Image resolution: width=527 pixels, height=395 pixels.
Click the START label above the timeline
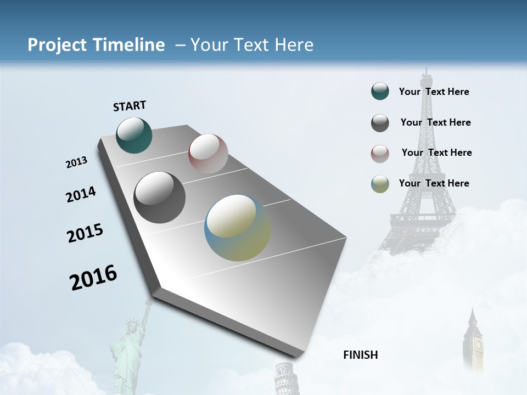point(130,106)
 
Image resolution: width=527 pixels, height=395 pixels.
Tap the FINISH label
point(360,355)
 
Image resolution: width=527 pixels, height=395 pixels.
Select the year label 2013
point(76,162)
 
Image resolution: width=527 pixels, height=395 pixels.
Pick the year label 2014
point(81,195)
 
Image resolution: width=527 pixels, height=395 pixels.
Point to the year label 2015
point(85,233)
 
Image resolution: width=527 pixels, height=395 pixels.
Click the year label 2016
point(93,278)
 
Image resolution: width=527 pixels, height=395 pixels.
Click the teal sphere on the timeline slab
point(134,135)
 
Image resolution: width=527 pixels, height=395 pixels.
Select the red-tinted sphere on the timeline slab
point(208,153)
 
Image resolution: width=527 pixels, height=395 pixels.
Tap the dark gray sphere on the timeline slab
point(159,198)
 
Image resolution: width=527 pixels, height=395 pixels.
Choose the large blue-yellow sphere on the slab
point(238,228)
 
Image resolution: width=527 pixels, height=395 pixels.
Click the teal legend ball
point(380,92)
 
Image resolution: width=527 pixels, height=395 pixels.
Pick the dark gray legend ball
point(380,123)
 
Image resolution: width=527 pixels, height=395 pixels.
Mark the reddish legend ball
point(380,154)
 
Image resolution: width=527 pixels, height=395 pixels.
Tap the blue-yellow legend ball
point(380,184)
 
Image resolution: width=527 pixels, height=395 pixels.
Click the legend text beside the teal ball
point(434,92)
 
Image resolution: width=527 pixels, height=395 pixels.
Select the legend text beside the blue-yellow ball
point(434,183)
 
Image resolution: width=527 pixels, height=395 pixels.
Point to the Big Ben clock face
point(478,345)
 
